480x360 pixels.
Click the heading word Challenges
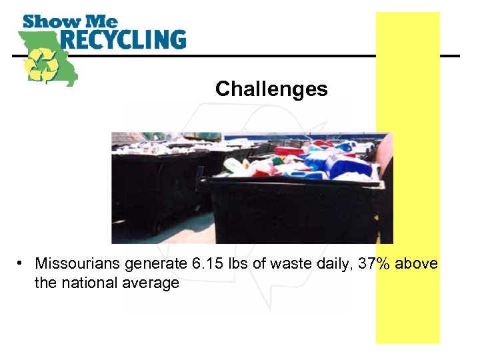coord(271,89)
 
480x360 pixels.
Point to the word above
coord(417,264)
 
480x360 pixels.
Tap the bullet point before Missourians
coord(23,264)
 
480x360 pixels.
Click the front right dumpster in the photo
coord(293,207)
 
